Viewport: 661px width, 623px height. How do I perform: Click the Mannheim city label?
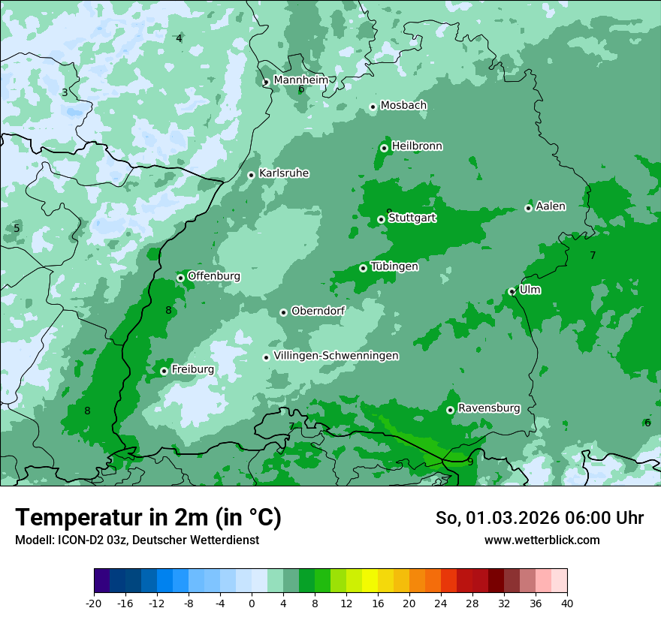point(300,80)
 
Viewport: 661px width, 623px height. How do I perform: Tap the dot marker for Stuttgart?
point(382,219)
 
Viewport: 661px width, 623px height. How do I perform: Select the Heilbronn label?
point(417,146)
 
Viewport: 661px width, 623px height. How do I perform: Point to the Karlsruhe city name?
point(284,173)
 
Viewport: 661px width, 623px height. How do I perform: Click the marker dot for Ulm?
point(512,291)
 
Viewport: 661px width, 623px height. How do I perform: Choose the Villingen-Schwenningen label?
point(336,355)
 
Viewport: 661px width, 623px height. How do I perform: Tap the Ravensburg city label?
point(489,408)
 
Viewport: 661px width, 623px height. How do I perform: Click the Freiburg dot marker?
point(164,371)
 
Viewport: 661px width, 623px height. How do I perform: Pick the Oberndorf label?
point(318,310)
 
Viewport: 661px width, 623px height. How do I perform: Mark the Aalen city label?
point(551,206)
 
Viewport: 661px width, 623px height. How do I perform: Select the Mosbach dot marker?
point(373,107)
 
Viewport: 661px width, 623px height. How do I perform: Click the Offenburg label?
point(214,275)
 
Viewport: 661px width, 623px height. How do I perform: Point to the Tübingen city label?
point(394,266)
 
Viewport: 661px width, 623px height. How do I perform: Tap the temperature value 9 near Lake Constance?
point(470,462)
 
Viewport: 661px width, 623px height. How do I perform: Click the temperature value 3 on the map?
point(65,92)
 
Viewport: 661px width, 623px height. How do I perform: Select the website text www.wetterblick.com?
point(542,540)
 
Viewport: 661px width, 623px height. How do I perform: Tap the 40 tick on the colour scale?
point(566,603)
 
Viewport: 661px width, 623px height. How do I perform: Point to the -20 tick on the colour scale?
point(94,603)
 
